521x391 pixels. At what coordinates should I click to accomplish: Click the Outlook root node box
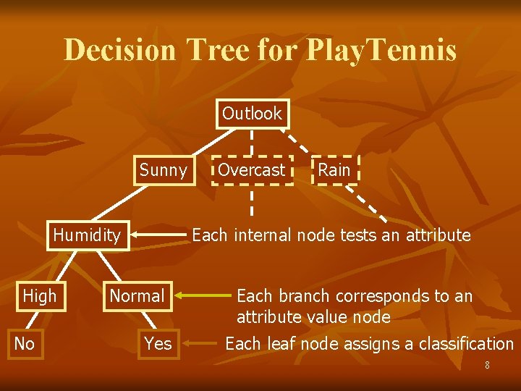[x=252, y=114]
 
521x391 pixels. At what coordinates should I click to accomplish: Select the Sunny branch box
[x=163, y=170]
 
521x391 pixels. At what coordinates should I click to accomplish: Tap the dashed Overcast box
[x=252, y=170]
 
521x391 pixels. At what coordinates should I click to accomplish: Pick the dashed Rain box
[x=334, y=170]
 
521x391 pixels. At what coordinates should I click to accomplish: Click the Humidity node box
[x=88, y=235]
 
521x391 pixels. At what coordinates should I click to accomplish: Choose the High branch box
[x=39, y=295]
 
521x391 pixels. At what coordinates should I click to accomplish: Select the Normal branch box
[x=137, y=295]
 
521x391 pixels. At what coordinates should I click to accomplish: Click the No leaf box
[x=25, y=343]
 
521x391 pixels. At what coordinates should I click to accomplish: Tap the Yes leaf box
[x=158, y=343]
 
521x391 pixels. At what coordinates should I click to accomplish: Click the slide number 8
[x=487, y=366]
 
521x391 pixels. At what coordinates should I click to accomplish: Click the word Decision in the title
[x=120, y=51]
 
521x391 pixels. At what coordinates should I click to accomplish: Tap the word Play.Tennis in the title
[x=382, y=51]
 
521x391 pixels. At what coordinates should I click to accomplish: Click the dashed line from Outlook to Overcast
[x=252, y=141]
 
